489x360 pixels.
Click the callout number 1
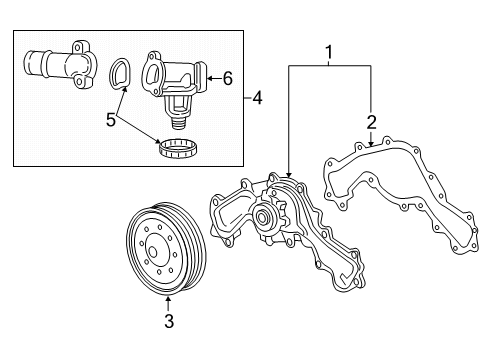click(x=329, y=53)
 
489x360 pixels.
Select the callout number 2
click(x=371, y=122)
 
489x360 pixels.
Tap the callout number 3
click(x=169, y=321)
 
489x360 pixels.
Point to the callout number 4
click(x=257, y=98)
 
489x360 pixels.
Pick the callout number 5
click(x=111, y=120)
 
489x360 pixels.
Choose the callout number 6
click(x=228, y=79)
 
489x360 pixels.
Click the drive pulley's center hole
click(x=153, y=252)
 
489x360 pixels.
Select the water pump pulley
click(x=166, y=248)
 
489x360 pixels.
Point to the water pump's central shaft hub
click(x=262, y=217)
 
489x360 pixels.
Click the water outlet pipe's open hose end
click(x=29, y=62)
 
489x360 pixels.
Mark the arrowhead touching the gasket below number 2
click(x=371, y=143)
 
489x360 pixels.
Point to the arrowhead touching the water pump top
click(x=289, y=174)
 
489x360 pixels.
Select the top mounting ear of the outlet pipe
click(x=79, y=47)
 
